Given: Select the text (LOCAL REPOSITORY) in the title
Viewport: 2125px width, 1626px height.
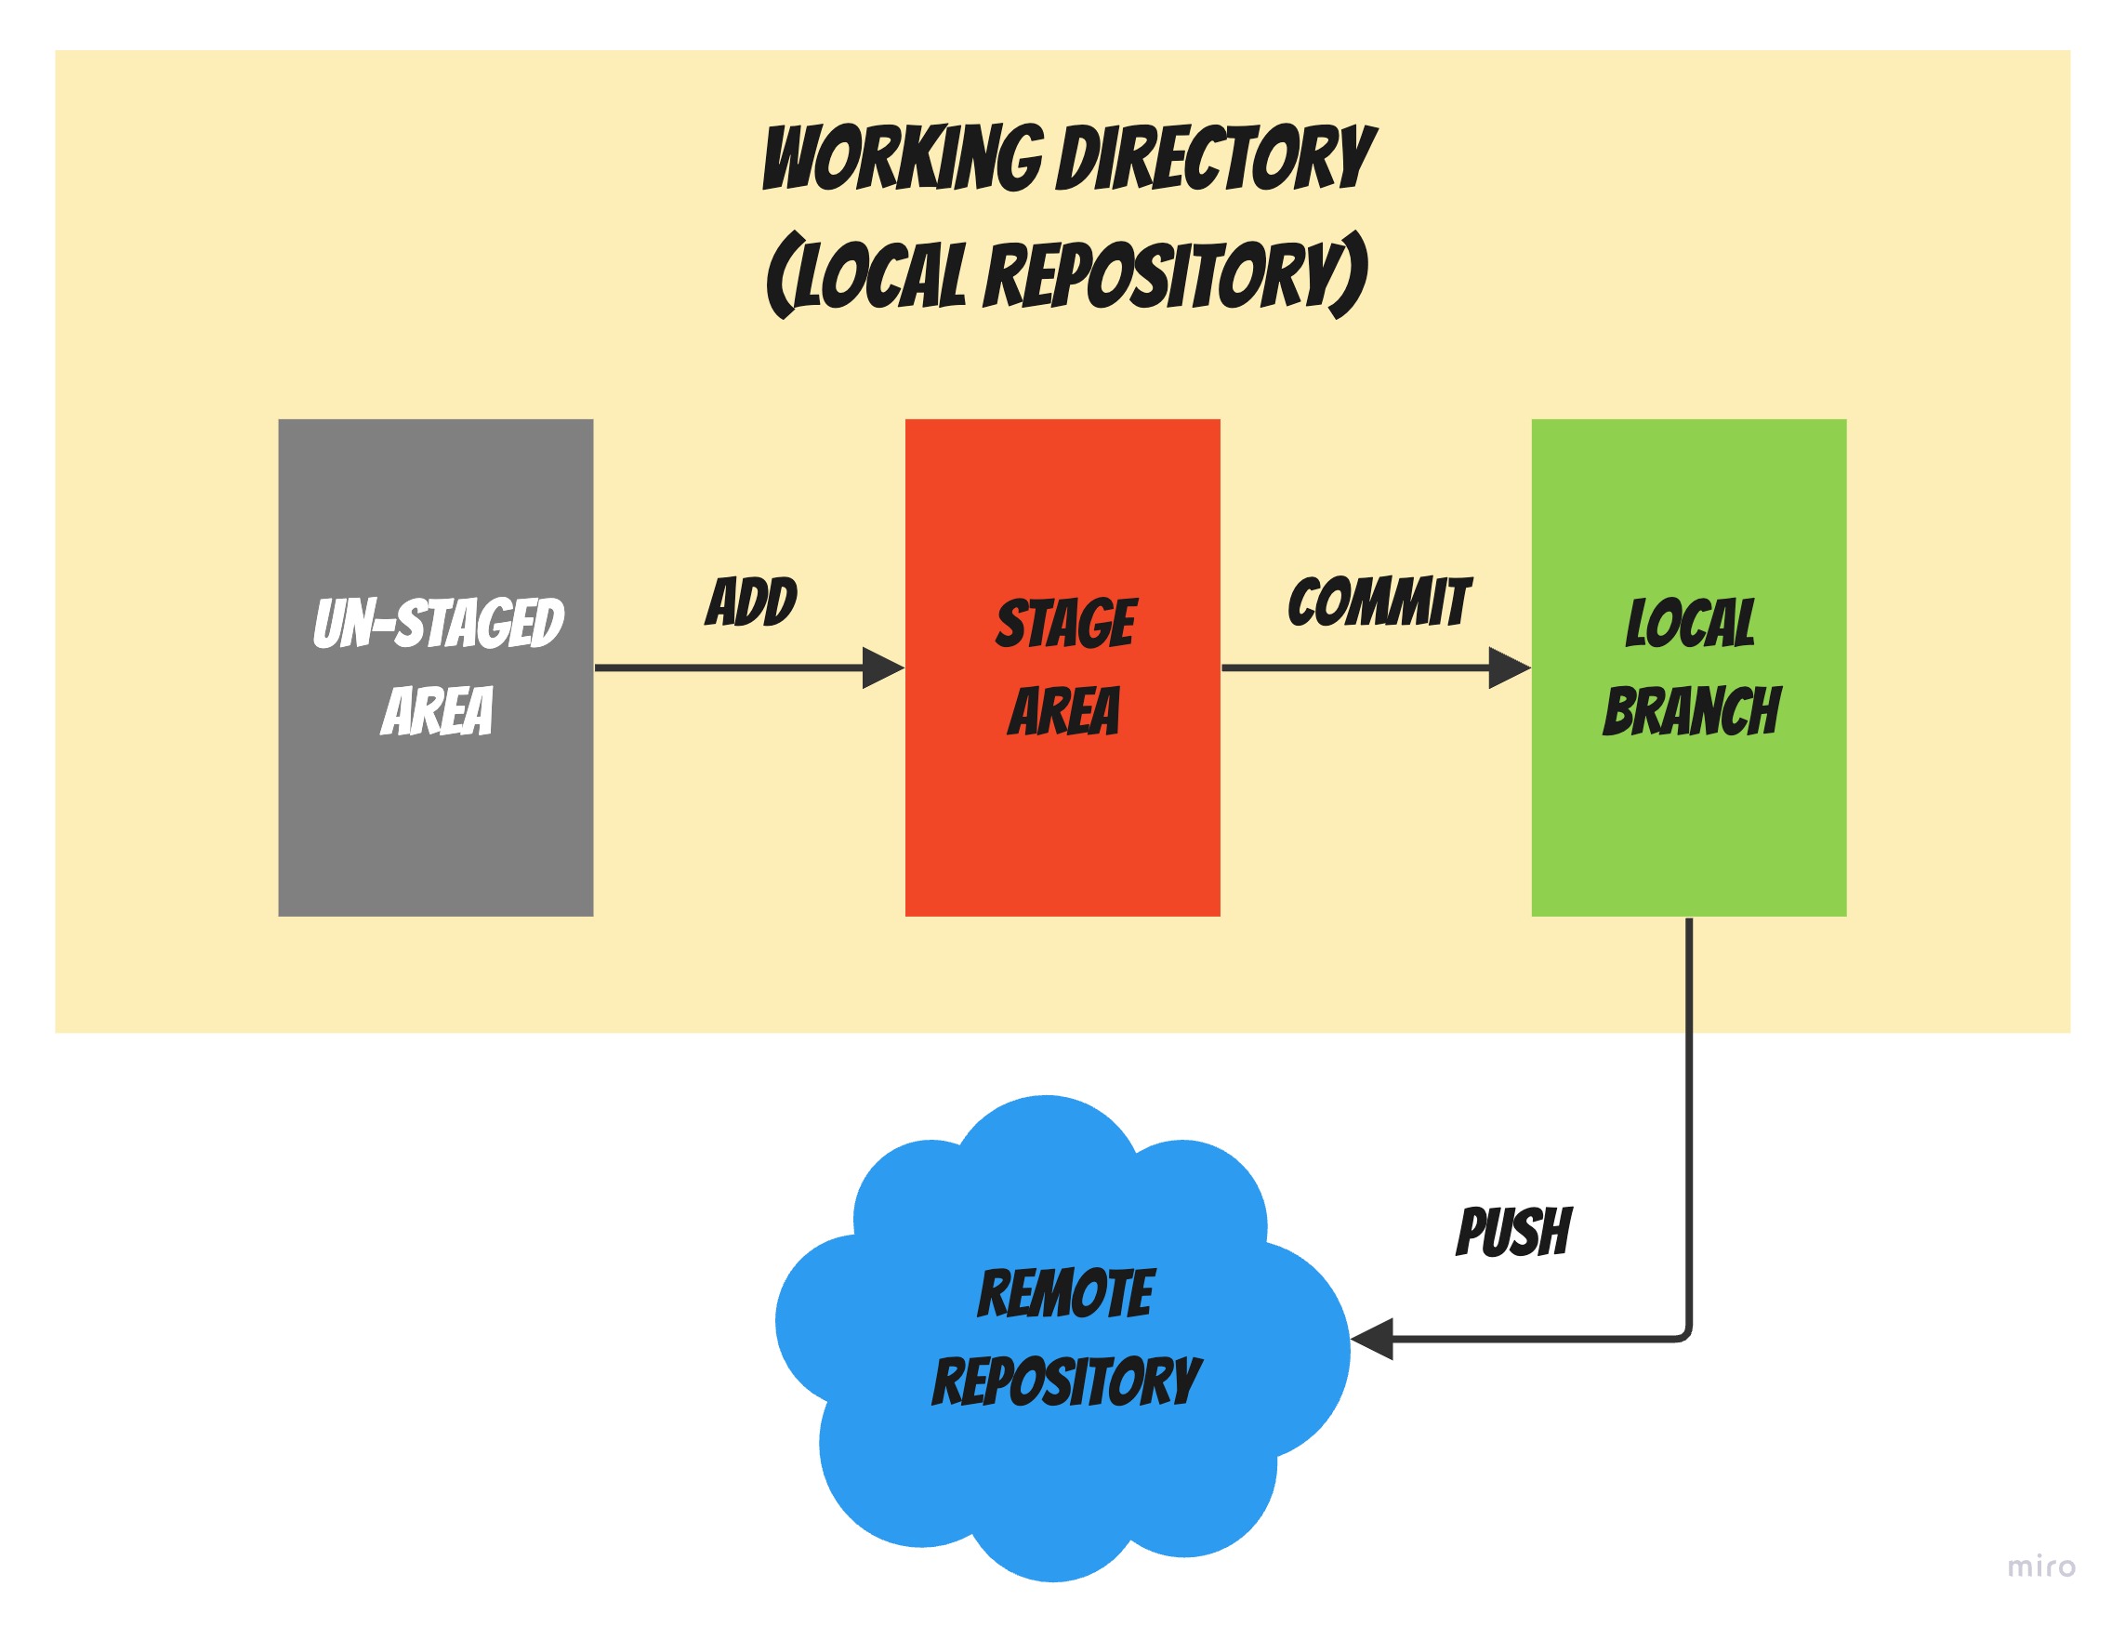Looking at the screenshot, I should point(1067,275).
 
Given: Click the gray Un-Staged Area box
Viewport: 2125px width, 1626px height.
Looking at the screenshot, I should point(435,823).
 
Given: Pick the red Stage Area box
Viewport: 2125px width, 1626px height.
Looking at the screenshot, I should point(1062,823).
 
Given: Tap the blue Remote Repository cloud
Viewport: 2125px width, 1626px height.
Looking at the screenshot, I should point(1062,1471).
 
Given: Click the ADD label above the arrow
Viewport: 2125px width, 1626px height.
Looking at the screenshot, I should point(751,601).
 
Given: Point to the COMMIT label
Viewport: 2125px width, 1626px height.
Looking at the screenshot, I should point(1378,602).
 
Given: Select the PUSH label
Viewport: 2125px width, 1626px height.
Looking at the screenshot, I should point(1513,1232).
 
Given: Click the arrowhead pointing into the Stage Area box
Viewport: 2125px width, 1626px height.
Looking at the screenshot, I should point(882,668).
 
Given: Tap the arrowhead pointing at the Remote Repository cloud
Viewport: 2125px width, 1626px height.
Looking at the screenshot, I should point(1372,1339).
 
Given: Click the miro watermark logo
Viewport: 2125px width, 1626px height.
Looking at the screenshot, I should point(2039,1566).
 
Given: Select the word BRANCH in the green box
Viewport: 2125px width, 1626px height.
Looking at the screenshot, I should point(1691,711).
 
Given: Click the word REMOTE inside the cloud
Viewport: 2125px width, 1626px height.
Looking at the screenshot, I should point(1065,1293).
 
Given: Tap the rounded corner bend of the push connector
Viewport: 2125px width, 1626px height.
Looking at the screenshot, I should point(1685,1336).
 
